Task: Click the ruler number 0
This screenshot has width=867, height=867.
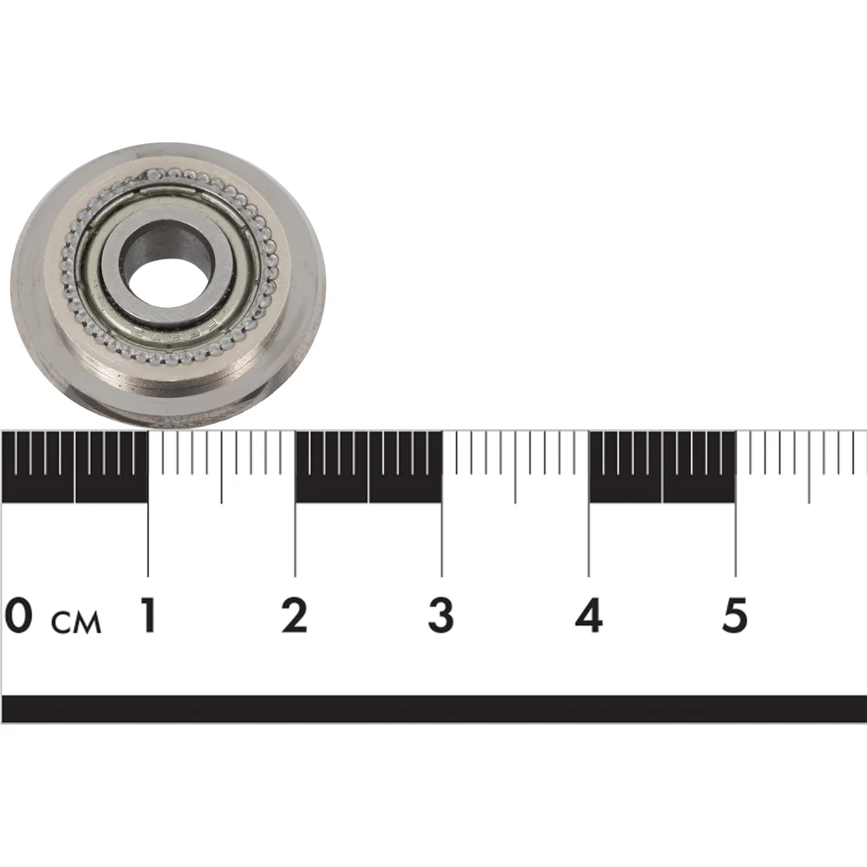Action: click(18, 616)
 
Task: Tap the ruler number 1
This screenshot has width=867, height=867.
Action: click(147, 616)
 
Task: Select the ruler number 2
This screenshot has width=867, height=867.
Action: click(294, 616)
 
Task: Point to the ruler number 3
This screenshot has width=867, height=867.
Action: click(440, 616)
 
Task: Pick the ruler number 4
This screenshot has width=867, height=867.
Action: click(589, 616)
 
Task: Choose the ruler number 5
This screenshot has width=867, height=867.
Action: click(735, 616)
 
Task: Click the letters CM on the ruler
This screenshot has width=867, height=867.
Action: click(76, 622)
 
